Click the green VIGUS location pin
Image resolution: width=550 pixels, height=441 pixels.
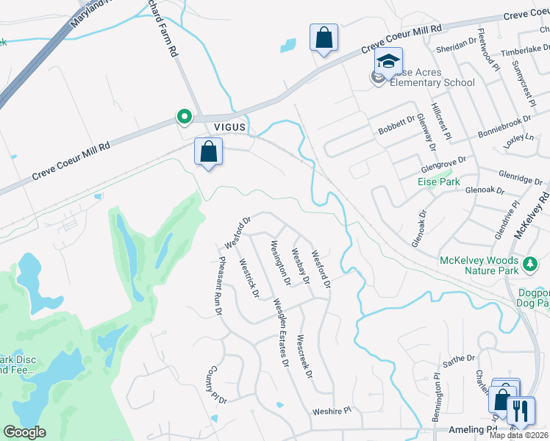pyautogui.click(x=183, y=117)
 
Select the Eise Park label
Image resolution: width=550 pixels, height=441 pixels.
pyautogui.click(x=444, y=181)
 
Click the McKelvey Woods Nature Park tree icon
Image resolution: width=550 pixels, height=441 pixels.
pyautogui.click(x=529, y=262)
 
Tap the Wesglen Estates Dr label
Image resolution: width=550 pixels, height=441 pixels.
pyautogui.click(x=281, y=333)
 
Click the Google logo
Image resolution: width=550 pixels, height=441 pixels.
pyautogui.click(x=24, y=432)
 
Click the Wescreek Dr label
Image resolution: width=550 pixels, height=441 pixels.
pyautogui.click(x=304, y=358)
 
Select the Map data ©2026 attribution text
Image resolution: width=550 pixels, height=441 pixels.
pyautogui.click(x=518, y=435)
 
